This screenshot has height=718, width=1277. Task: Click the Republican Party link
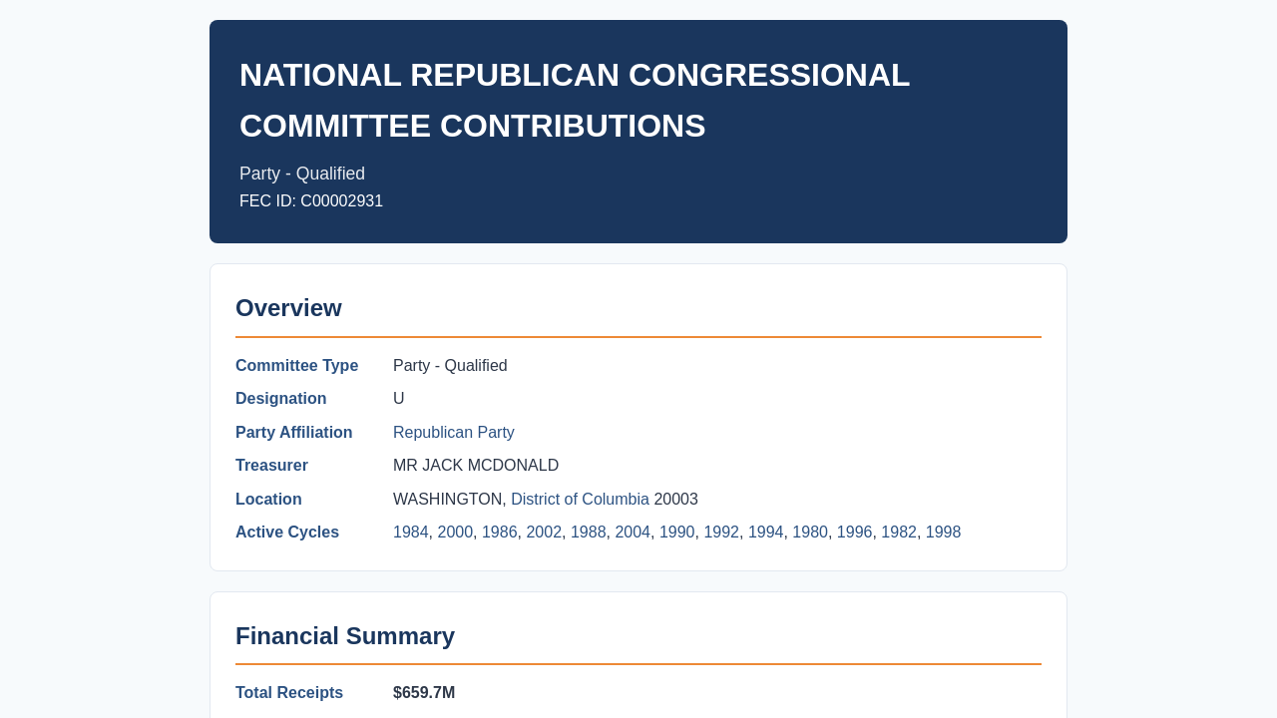point(453,432)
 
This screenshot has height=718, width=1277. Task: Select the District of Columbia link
point(580,499)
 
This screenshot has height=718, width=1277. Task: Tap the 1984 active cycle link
point(410,532)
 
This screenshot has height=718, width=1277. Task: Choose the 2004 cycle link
point(633,532)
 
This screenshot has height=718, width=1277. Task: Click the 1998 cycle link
point(943,532)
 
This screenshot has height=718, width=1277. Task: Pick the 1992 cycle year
point(721,532)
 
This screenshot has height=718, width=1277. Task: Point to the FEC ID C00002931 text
point(311,201)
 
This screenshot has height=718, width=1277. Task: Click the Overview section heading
point(288,308)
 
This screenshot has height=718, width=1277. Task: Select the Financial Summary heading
point(345,636)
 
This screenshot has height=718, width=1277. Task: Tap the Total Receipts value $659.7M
point(424,692)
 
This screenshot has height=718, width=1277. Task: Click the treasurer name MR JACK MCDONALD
point(476,465)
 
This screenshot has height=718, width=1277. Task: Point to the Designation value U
point(398,398)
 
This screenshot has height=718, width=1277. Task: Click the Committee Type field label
point(296,365)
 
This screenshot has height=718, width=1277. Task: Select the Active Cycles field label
point(286,532)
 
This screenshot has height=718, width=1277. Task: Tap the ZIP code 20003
point(675,499)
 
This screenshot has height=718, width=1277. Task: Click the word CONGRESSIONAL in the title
point(769,75)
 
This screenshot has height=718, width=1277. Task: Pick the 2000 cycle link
point(455,532)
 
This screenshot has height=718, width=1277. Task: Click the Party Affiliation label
point(293,432)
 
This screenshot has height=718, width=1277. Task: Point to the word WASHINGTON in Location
point(447,499)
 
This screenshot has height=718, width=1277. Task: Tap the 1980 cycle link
point(809,532)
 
